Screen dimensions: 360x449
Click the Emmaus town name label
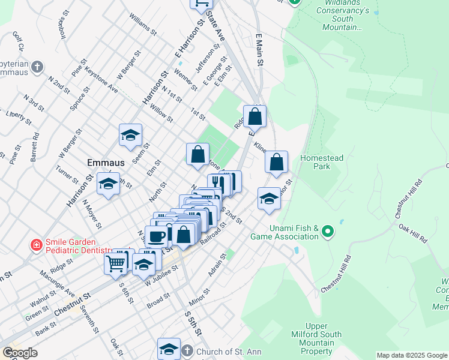pyautogui.click(x=105, y=163)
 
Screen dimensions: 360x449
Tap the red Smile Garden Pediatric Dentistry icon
pyautogui.click(x=37, y=245)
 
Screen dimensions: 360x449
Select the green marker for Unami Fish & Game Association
pyautogui.click(x=327, y=231)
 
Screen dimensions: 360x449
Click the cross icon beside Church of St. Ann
pyautogui.click(x=187, y=350)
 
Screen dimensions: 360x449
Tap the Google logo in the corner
pyautogui.click(x=20, y=353)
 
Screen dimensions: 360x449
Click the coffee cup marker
pyautogui.click(x=157, y=236)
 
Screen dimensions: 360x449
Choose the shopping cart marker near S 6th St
pyautogui.click(x=116, y=262)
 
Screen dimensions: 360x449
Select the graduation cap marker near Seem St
pyautogui.click(x=130, y=136)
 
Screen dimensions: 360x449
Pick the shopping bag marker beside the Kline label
pyautogui.click(x=276, y=162)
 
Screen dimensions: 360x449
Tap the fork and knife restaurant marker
pyautogui.click(x=220, y=184)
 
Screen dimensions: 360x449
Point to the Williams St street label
pyautogui.click(x=142, y=23)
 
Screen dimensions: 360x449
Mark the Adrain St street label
pyautogui.click(x=217, y=265)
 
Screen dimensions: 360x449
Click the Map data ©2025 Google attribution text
pyautogui.click(x=411, y=355)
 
